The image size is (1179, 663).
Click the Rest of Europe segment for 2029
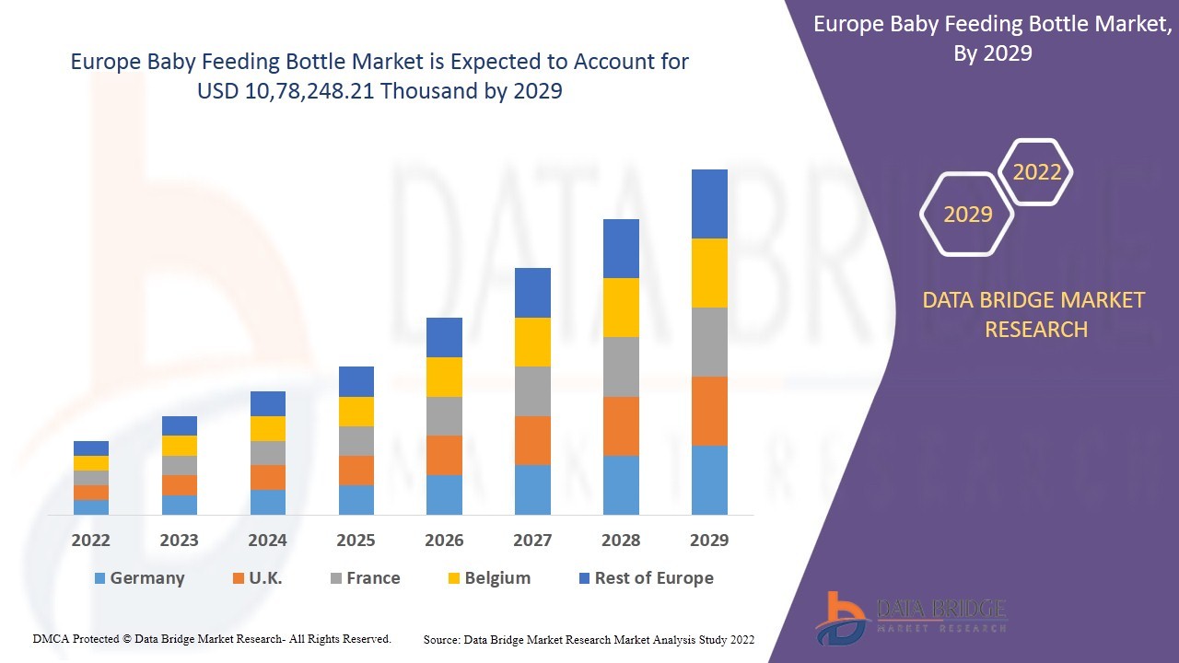tap(709, 204)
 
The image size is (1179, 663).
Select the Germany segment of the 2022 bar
tap(91, 506)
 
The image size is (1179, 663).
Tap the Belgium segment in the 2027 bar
tap(532, 342)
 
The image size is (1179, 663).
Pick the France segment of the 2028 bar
tap(621, 366)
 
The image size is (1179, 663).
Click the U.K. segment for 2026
tap(444, 455)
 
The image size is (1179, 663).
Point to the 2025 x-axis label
tap(356, 541)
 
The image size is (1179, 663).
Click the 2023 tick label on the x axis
tap(179, 541)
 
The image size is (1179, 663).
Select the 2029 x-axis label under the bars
tap(709, 541)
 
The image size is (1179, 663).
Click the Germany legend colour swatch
tap(99, 578)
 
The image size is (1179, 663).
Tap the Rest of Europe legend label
tap(654, 578)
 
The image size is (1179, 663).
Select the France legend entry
tap(373, 578)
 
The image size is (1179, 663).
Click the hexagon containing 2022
tap(1036, 172)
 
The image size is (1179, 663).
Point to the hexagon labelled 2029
tap(967, 215)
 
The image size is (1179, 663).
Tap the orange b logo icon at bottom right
tap(840, 615)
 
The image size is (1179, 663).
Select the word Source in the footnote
tap(442, 639)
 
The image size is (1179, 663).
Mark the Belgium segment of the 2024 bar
tap(267, 428)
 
